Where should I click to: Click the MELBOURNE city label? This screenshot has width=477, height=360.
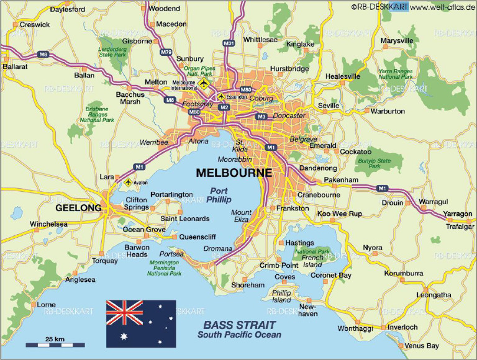(234, 173)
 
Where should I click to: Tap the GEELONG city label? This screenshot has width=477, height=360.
(78, 207)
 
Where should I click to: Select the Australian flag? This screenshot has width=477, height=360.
(140, 323)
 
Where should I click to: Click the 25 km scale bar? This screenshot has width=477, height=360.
(55, 343)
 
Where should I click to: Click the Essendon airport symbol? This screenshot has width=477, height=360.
(221, 97)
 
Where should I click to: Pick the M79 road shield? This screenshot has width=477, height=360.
(166, 53)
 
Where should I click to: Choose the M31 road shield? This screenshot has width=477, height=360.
(229, 43)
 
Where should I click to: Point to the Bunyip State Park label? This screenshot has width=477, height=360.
(374, 163)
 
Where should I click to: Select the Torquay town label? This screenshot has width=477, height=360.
(104, 261)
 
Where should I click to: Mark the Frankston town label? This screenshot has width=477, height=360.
(292, 209)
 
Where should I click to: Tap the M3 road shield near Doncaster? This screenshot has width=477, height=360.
(261, 116)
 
